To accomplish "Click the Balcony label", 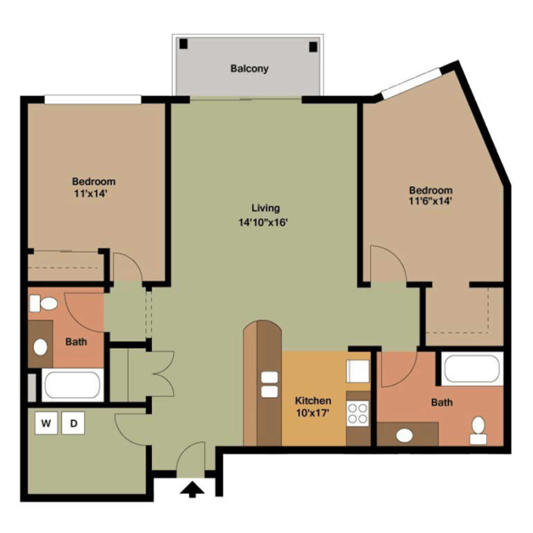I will coord(249,69).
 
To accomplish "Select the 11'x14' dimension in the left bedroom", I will coord(94,194).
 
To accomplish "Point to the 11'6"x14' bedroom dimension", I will coord(430,202).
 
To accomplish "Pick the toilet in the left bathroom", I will coord(45,304).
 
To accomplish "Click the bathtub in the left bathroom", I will coord(73,385).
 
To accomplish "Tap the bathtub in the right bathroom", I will coord(472,370).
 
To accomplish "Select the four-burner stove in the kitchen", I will coord(357,414).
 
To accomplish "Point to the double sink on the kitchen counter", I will coord(268,384).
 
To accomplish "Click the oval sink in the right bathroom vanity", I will coord(405,435).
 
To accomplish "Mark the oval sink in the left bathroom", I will coord(41,347).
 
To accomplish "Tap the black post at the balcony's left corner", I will coord(183,45).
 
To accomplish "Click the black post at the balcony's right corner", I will coord(313,46).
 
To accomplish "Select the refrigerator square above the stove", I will coord(357,373).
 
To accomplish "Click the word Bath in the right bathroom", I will coord(442,402).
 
